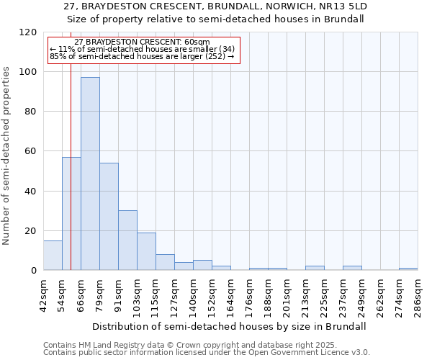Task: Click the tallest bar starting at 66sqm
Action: [x=90, y=174]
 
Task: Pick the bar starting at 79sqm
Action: [x=109, y=216]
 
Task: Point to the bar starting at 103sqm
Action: [x=146, y=251]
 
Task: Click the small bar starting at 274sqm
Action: [x=408, y=269]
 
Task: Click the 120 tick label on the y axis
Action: [x=28, y=32]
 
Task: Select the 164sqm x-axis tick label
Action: [x=230, y=296]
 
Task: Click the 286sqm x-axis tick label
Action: [x=418, y=296]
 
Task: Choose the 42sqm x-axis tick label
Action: [x=43, y=296]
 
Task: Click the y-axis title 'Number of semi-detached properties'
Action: [x=6, y=152]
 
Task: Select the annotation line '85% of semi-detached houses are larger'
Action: [x=142, y=56]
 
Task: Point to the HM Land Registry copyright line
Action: [x=190, y=345]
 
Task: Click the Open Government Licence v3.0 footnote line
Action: [x=207, y=353]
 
